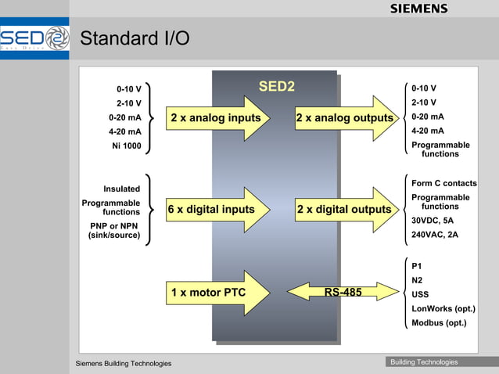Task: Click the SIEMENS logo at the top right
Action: tap(418, 9)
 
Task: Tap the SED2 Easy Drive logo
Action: tap(35, 38)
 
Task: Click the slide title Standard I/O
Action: tap(135, 38)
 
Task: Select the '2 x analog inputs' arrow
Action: tap(217, 118)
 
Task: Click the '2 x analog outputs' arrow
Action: tap(345, 118)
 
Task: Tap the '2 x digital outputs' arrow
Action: tap(345, 210)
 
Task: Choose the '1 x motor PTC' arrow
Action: tap(212, 293)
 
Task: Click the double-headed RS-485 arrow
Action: tap(343, 292)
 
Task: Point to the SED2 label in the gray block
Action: tap(276, 86)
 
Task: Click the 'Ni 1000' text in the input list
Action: tap(126, 146)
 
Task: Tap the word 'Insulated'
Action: tap(121, 189)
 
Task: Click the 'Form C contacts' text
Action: tap(443, 183)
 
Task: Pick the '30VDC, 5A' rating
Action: tap(432, 221)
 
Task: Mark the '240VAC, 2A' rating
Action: tap(435, 234)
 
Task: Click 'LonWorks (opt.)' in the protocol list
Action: tap(443, 308)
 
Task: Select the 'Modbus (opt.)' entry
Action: tap(438, 322)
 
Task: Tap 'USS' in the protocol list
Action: tap(420, 294)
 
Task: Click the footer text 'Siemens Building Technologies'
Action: tap(123, 363)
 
